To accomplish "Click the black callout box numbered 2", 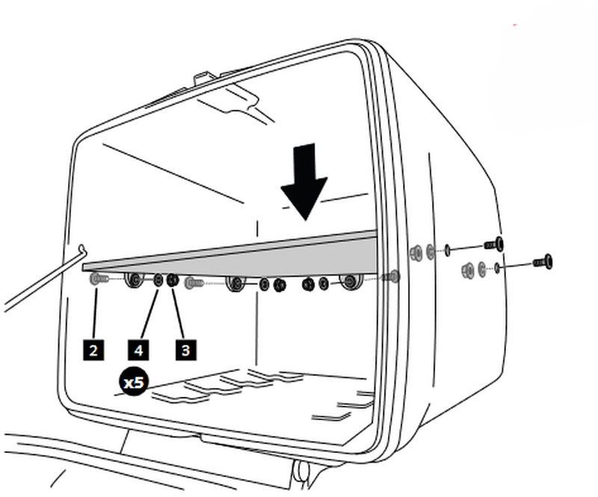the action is (93, 350).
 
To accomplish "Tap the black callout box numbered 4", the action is (138, 350).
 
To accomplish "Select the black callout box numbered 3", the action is (185, 350).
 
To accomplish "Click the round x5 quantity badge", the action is (134, 382).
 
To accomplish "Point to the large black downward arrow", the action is (304, 182).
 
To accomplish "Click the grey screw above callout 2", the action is (99, 280).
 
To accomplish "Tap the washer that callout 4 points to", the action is (158, 281).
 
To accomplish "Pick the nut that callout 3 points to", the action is (173, 280).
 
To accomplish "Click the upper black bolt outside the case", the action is (494, 244).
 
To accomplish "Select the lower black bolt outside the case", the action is (543, 262).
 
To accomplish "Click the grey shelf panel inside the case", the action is (230, 253).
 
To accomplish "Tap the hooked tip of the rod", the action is (82, 250).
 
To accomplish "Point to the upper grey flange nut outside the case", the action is (416, 253).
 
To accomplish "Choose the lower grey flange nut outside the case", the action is (468, 271).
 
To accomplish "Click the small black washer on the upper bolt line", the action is (447, 250).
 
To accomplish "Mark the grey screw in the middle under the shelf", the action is (194, 283).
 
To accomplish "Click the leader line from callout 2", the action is (95, 314).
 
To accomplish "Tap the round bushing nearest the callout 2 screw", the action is (135, 280).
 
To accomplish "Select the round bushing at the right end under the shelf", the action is (351, 282).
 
